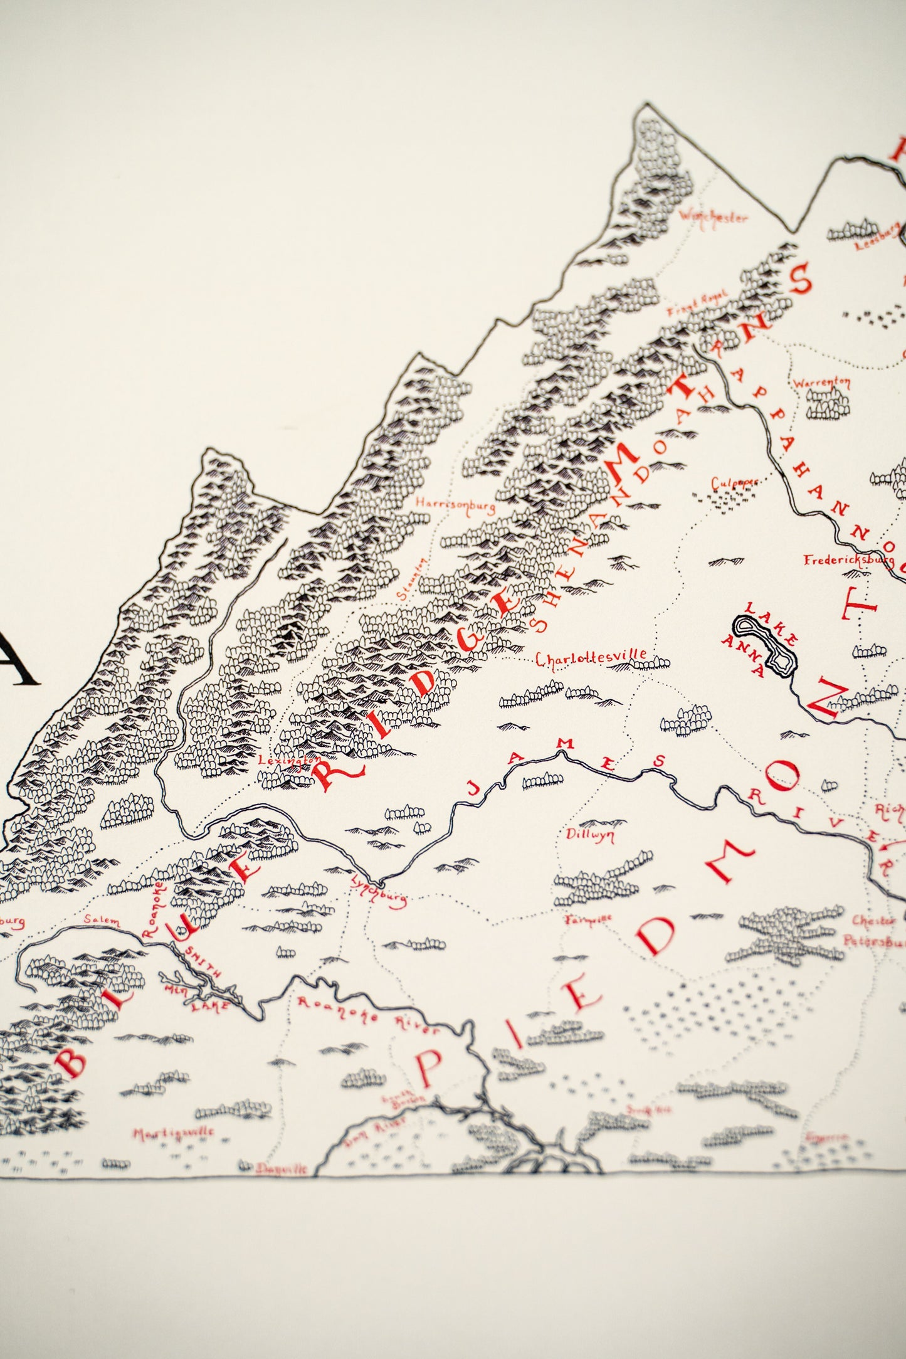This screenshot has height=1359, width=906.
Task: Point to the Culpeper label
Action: click(734, 484)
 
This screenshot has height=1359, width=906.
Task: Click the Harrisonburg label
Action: click(455, 505)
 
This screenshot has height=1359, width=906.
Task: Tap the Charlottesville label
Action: click(591, 657)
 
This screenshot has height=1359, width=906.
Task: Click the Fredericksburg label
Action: click(848, 559)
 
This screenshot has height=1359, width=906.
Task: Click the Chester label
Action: click(873, 921)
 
